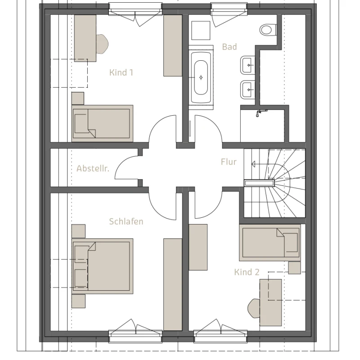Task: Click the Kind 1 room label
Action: (x=121, y=72)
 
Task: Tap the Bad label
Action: (x=229, y=47)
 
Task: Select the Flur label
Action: (x=229, y=162)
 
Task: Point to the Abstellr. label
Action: (x=93, y=168)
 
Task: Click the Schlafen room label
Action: (x=126, y=221)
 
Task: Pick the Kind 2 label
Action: (x=247, y=272)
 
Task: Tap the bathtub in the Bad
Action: (x=201, y=77)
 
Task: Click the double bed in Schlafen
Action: (x=103, y=266)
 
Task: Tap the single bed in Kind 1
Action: (x=103, y=123)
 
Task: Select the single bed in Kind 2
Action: (x=270, y=243)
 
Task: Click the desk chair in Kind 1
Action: (x=102, y=44)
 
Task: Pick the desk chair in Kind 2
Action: (x=254, y=308)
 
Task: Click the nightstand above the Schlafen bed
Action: (x=78, y=231)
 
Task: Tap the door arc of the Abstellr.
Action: (x=126, y=167)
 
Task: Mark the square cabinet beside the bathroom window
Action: (x=201, y=31)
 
